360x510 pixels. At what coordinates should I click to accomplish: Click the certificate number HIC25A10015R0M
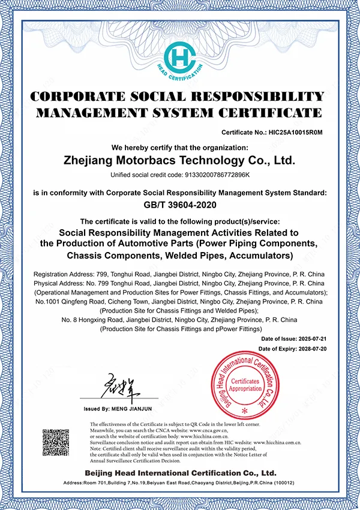click(296, 133)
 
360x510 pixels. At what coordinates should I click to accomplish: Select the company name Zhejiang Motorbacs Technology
click(179, 161)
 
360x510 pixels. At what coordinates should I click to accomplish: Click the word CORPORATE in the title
click(79, 97)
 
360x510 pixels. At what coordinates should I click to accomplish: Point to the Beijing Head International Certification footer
click(179, 473)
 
